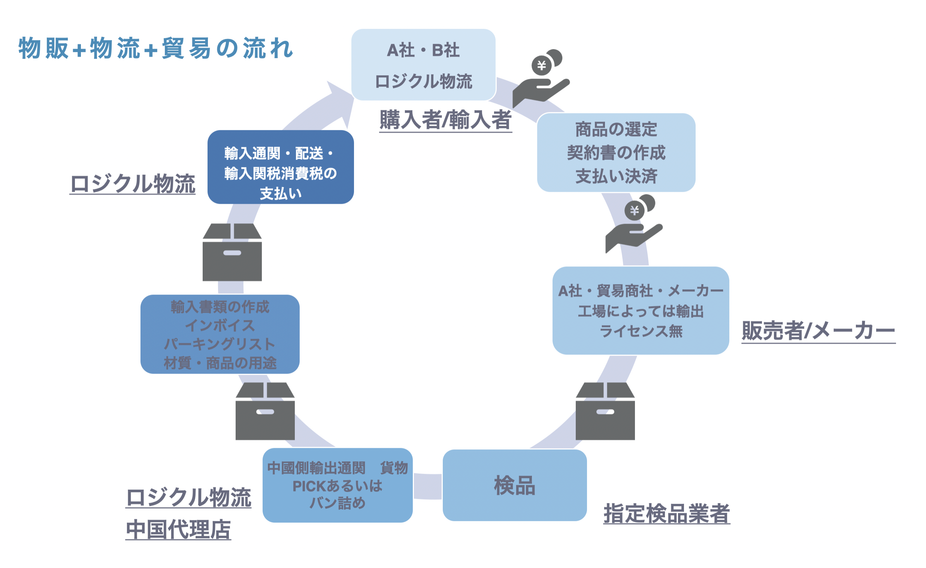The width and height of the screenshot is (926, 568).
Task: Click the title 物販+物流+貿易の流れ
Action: [x=155, y=48]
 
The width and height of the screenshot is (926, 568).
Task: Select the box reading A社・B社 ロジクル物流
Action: [x=423, y=65]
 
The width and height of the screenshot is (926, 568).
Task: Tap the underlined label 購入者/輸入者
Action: [x=445, y=120]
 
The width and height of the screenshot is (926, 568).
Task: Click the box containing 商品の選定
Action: [x=616, y=152]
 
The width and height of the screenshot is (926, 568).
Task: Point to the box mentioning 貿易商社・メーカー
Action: [x=641, y=311]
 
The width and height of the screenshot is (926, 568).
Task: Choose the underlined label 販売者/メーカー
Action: [x=818, y=331]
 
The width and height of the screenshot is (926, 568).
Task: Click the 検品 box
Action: [x=514, y=485]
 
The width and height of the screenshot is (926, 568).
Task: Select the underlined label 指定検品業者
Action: [x=666, y=514]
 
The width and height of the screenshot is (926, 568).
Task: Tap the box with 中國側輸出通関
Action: [x=338, y=485]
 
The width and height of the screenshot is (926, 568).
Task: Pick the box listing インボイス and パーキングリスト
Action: [x=220, y=334]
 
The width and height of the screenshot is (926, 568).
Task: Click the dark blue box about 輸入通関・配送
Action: [x=280, y=167]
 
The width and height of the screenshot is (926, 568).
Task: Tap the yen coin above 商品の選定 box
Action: [x=542, y=66]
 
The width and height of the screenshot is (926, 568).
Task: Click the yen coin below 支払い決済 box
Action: [x=634, y=211]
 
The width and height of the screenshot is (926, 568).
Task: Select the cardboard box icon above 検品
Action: [x=605, y=411]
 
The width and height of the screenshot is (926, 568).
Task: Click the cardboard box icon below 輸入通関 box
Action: [x=232, y=252]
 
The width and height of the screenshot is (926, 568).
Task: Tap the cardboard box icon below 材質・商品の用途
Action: [x=265, y=411]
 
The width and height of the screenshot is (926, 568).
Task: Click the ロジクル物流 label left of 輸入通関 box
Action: [x=133, y=184]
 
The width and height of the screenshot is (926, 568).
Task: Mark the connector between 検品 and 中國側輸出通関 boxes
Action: [x=428, y=486]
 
